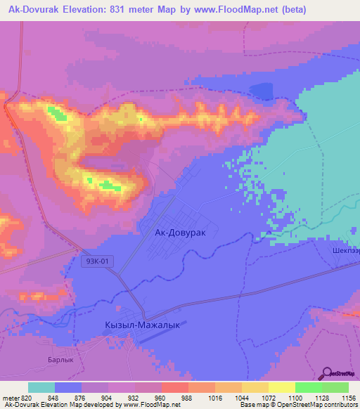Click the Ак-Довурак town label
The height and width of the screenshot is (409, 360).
tap(180, 231)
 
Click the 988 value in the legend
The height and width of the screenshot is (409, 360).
tap(186, 398)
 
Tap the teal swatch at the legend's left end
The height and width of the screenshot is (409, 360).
tap(41, 387)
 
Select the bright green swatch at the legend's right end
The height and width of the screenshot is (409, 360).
tap(335, 387)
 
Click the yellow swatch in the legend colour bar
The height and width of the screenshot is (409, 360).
tap(281, 387)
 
